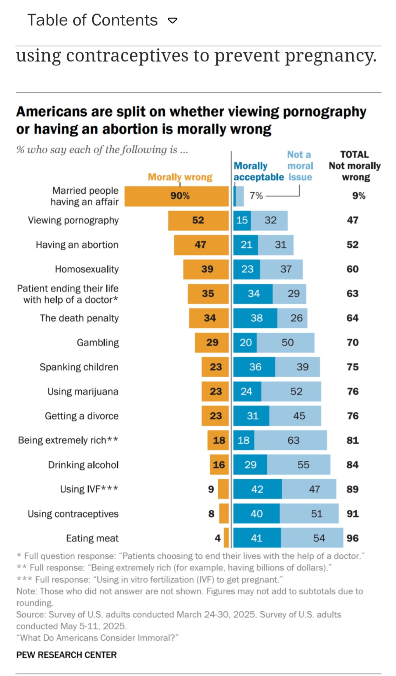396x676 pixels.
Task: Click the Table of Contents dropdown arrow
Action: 172,21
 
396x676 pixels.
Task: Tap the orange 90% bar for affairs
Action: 176,196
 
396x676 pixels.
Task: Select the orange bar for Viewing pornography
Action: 198,220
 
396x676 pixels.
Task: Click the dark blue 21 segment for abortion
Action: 246,245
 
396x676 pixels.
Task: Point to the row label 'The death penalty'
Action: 79,318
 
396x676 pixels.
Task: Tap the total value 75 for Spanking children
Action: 353,367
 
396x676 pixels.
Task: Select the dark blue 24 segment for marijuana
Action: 247,391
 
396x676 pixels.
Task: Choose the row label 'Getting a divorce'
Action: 82,416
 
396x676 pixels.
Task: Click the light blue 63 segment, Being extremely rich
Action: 291,440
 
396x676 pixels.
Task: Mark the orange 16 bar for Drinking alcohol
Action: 219,465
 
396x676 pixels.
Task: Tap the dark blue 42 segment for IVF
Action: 257,489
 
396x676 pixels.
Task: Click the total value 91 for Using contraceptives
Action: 353,514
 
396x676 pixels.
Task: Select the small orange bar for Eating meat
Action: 226,538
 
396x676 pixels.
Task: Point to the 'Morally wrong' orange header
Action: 180,177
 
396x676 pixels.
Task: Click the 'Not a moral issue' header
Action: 300,166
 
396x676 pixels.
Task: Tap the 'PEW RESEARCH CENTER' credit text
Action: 67,655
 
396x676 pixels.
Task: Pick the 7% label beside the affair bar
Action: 256,196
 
